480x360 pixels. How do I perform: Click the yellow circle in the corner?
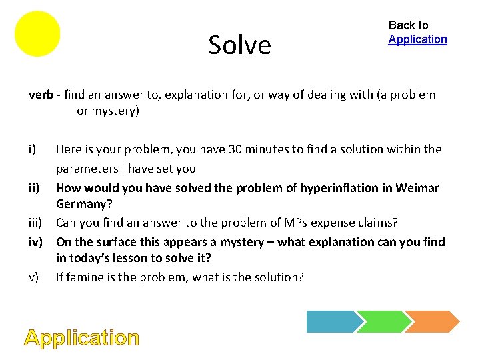point(37,33)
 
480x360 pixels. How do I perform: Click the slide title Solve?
point(239,45)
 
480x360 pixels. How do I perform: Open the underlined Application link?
point(417,39)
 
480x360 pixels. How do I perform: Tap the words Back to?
point(408,25)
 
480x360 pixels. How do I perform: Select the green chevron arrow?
point(383,321)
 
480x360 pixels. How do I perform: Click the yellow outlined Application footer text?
point(82,338)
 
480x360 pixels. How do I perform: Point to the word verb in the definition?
point(41,95)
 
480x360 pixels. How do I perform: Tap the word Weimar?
point(417,188)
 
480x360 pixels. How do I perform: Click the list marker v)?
point(34,276)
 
